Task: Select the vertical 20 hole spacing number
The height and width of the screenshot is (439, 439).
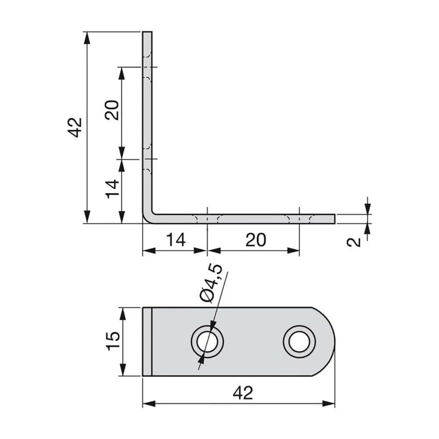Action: point(112,111)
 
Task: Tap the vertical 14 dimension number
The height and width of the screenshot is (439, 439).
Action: point(112,189)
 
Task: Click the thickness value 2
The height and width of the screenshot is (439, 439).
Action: point(356,241)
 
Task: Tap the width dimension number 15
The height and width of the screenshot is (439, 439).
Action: point(113,341)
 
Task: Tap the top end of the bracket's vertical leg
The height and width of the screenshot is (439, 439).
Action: point(147,34)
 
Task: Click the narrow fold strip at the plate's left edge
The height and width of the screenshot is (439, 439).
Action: point(147,342)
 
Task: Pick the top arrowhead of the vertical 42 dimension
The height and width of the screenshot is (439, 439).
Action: point(86,36)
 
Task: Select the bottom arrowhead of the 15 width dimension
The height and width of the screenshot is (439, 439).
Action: point(125,372)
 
